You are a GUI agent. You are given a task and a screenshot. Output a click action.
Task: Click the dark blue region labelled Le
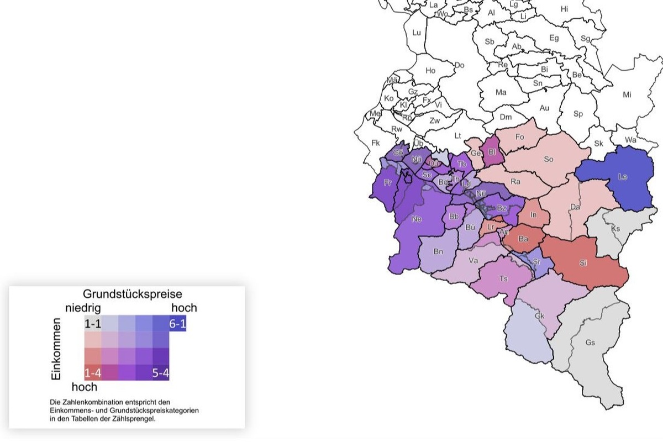tap(622, 177)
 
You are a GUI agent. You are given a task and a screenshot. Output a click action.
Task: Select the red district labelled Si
tap(583, 262)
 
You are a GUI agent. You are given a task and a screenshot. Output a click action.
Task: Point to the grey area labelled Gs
tap(590, 343)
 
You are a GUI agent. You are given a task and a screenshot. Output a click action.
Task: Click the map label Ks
tap(616, 228)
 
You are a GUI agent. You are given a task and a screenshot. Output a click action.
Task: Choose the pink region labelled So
tap(548, 159)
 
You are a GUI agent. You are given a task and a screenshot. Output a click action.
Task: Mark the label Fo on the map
tap(519, 136)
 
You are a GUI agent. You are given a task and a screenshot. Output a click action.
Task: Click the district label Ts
tap(503, 279)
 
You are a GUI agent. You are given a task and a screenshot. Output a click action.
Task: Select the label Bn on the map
tap(438, 251)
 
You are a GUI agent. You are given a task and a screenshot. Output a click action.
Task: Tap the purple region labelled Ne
tap(417, 219)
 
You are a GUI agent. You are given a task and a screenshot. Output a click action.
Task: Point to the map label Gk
tap(540, 316)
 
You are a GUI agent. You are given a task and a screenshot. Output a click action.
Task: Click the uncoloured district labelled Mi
tap(627, 94)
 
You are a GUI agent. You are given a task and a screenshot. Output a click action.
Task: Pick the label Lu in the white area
tap(417, 33)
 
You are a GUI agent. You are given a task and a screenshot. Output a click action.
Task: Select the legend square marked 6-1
tap(177, 324)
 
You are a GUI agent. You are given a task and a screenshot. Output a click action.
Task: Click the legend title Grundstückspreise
tap(133, 294)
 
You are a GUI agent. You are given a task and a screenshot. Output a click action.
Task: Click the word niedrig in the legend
tap(83, 308)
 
